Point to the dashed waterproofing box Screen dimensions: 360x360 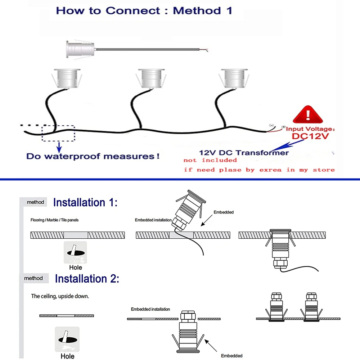pos(58,133)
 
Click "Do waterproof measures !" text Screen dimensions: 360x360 pos(93,157)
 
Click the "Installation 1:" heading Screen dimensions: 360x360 pos(85,202)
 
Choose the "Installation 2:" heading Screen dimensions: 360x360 pos(87,279)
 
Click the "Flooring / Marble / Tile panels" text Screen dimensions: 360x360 pos(55,220)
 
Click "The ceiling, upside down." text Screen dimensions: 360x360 pos(60,297)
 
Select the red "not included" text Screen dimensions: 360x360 pos(210,160)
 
